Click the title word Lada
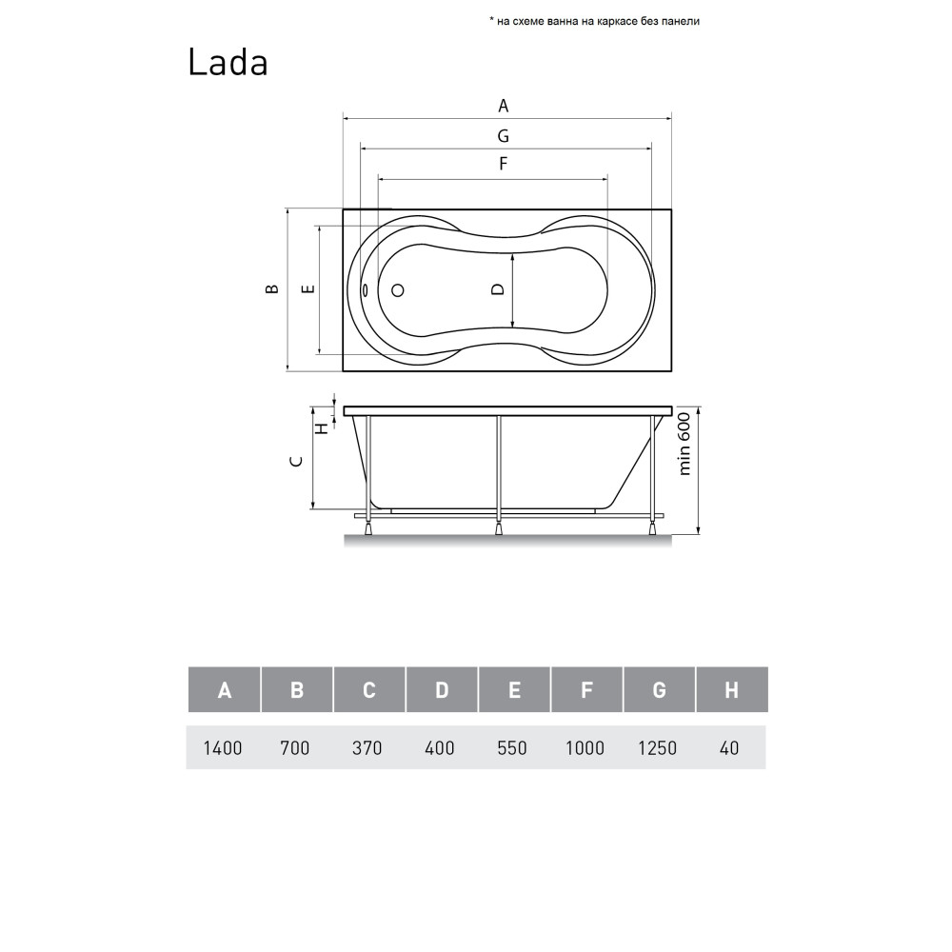[x=228, y=62]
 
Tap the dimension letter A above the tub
[x=504, y=105]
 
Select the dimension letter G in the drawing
[x=504, y=135]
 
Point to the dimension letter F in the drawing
[x=504, y=164]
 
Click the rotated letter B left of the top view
[x=272, y=289]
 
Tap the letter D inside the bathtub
[x=497, y=289]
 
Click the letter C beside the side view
[x=297, y=461]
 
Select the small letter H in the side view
[x=322, y=427]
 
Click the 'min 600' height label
[x=684, y=445]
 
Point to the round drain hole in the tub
[x=399, y=289]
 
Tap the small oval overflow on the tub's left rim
[x=366, y=291]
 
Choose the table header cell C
[x=369, y=690]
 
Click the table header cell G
[x=659, y=690]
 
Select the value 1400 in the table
[x=223, y=748]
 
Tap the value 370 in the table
[x=367, y=748]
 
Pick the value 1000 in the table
[x=585, y=748]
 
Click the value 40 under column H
[x=729, y=748]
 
